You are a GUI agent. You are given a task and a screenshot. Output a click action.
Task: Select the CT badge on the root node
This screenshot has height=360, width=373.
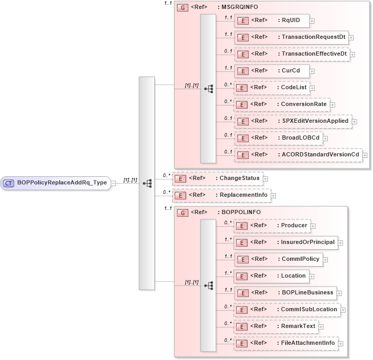pos(9,183)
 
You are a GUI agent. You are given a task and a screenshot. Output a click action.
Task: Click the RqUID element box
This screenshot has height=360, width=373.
pos(272,20)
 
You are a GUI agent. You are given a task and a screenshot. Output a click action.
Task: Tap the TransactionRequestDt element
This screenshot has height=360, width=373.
pos(291,37)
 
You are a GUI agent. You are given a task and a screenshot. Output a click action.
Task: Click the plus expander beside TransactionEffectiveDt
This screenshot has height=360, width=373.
pos(353,54)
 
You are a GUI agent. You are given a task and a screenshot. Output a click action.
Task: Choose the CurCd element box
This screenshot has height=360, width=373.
pos(271,70)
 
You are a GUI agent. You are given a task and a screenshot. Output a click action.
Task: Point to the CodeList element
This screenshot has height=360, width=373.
pos(272,87)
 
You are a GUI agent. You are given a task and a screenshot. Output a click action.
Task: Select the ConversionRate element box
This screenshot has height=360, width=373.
pos(281,104)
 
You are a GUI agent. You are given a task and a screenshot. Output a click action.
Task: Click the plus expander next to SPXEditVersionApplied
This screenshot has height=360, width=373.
pos(354,121)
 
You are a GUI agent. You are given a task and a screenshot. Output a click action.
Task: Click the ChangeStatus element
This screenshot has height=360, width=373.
pos(218,178)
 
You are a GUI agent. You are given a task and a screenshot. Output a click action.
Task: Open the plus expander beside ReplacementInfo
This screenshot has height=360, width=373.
pos(273,196)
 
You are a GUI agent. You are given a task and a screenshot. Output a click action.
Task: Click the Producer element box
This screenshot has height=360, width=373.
pos(272,226)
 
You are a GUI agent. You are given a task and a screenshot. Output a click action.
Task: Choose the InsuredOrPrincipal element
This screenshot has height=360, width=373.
pos(285,242)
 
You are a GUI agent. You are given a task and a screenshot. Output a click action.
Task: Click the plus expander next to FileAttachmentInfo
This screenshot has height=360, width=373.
pos(342,344)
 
